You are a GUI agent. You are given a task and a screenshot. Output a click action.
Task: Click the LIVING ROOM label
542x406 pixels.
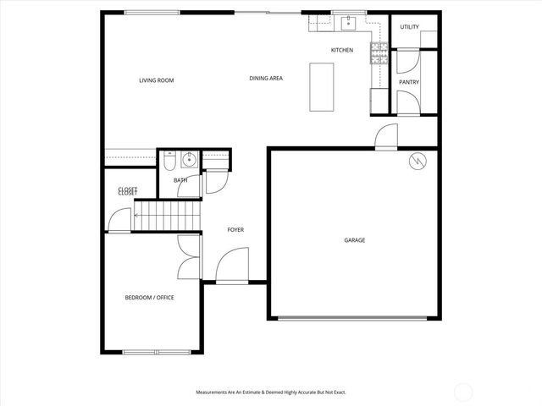point(157,80)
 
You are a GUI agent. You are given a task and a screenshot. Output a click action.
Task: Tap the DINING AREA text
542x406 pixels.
point(266,79)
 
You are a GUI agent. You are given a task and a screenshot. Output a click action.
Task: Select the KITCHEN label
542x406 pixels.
point(342,51)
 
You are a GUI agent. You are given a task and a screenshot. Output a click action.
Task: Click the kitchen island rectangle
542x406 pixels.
point(321,85)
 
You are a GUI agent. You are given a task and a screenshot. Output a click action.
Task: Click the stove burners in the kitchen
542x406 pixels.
point(379,57)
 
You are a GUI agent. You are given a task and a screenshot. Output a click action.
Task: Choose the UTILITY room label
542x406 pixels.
point(409,27)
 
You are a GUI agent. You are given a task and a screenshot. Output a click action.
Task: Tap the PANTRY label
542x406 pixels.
point(409,82)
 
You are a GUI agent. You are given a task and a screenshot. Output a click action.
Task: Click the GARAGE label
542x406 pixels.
point(354,240)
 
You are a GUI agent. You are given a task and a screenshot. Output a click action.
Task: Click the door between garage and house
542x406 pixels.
point(386,137)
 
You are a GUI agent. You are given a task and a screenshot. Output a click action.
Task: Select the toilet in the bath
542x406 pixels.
point(170,160)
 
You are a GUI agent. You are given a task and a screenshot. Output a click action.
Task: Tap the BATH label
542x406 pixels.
point(180,180)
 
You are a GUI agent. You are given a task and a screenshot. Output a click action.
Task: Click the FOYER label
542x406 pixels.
point(235,230)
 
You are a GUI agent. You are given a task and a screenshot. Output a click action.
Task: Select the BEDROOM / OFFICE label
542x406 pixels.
point(149,297)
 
